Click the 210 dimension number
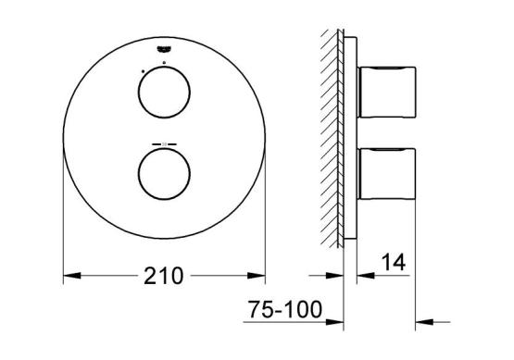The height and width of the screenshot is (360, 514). (164, 276)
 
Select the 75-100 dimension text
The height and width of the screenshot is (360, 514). (285, 309)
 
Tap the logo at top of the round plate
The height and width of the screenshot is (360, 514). (164, 49)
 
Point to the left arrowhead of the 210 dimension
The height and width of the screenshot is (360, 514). (72, 276)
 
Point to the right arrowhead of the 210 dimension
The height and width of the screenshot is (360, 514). (257, 276)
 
